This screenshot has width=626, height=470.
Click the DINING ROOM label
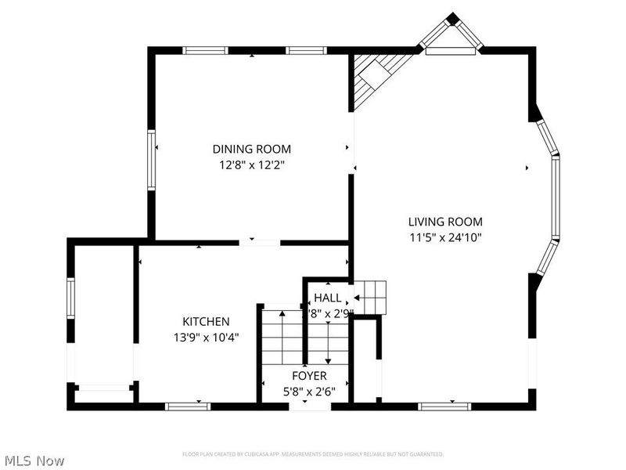(251, 149)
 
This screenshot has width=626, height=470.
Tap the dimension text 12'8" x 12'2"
(251, 164)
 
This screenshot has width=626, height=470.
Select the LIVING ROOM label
(444, 222)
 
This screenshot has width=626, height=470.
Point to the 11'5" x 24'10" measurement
(444, 237)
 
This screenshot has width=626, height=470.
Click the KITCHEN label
(206, 321)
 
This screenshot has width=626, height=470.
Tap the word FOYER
(309, 376)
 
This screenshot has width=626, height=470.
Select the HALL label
(327, 298)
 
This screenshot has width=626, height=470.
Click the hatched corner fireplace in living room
(373, 78)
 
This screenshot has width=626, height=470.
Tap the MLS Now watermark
(34, 461)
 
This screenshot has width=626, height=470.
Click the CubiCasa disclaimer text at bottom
(313, 454)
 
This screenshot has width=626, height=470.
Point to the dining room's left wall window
(152, 161)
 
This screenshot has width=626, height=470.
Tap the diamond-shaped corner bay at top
(452, 35)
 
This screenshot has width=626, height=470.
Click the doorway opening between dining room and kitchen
(259, 243)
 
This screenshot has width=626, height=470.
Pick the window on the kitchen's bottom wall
(188, 406)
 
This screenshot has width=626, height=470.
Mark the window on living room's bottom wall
(441, 406)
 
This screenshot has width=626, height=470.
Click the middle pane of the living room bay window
(556, 197)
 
